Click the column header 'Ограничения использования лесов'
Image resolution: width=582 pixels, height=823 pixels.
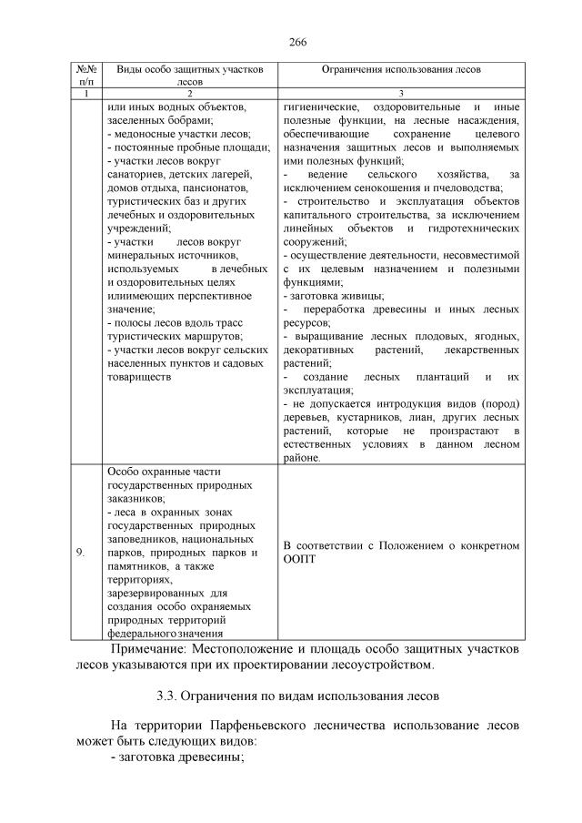pos(401,69)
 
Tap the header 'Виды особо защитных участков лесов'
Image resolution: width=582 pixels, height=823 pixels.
pos(190,75)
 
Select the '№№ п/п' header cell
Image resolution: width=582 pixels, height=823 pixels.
pos(85,75)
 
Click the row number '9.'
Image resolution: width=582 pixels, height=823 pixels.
pos(83,553)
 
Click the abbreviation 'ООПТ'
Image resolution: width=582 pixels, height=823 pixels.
pos(299,559)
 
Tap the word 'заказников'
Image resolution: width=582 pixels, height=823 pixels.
pos(135,499)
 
